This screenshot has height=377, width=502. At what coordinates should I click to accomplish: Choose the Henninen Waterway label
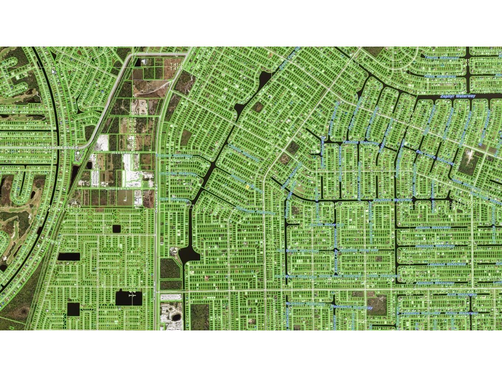[440, 246]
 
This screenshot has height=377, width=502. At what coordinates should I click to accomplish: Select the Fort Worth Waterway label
[297, 251]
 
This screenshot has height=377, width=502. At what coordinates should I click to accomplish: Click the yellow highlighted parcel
[247, 187]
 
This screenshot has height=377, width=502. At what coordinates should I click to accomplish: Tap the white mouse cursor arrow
[53, 71]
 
